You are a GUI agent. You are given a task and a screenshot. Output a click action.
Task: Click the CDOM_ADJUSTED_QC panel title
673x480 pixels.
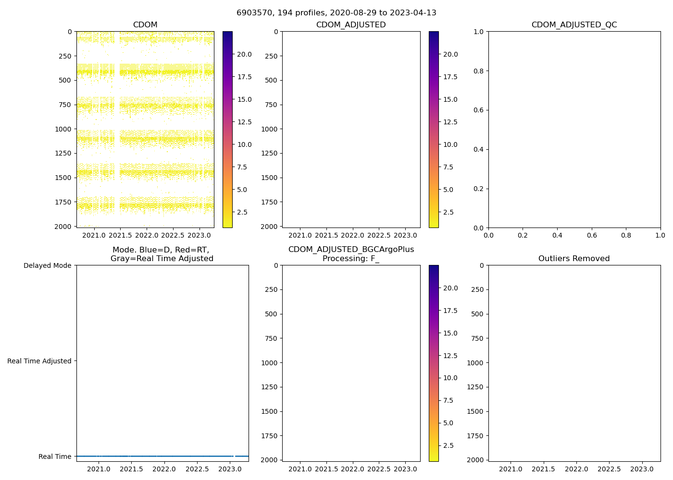pos(574,25)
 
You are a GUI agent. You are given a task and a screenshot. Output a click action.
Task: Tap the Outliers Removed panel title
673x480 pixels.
pos(574,259)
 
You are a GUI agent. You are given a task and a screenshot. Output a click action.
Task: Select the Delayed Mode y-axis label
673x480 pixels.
pos(47,265)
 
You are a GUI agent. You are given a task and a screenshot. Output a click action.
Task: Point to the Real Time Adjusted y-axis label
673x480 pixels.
pos(39,361)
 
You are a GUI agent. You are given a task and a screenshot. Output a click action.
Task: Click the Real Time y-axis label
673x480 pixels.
pos(55,456)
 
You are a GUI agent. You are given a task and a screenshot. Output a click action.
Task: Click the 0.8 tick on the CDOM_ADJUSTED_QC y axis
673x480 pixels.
pos(480,71)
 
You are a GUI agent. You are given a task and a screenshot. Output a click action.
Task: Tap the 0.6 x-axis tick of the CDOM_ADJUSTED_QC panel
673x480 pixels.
pos(592,235)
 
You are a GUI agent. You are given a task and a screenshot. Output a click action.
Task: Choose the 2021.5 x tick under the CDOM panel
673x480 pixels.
pos(120,235)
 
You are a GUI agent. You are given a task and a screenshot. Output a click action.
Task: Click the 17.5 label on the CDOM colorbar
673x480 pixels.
pos(244,77)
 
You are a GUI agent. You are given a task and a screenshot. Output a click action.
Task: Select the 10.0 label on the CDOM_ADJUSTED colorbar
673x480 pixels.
pos(450,144)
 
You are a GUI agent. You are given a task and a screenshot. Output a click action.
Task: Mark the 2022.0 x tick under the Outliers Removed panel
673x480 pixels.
pos(576,469)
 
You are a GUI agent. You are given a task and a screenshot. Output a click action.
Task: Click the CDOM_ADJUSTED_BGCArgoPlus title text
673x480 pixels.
pos(351,250)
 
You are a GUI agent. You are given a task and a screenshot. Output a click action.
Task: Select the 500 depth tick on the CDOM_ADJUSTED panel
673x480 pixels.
pos(271,80)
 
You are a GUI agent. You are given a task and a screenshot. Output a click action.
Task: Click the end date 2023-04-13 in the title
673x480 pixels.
pos(413,13)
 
